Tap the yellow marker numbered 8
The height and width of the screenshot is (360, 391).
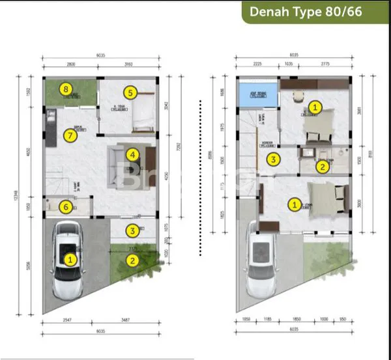tap(65, 89)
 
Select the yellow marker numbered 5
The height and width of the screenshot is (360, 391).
tap(130, 92)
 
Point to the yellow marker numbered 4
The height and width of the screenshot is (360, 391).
tap(132, 155)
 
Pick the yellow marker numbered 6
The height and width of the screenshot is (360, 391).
tap(65, 207)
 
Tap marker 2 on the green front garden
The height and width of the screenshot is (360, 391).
tap(132, 261)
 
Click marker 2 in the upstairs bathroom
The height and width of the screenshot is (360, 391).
tap(322, 167)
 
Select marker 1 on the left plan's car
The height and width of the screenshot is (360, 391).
tap(69, 259)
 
